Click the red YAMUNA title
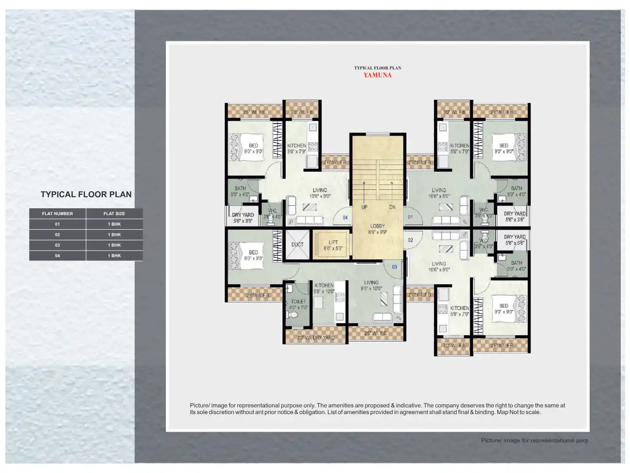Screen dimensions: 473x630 [x=377, y=75]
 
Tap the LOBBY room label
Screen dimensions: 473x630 [x=377, y=226]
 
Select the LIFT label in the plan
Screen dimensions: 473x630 [x=333, y=242]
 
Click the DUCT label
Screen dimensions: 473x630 [x=297, y=244]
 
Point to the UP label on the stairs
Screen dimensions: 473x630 [x=364, y=207]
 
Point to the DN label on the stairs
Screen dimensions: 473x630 [x=392, y=207]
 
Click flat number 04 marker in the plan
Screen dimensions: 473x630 [x=345, y=218]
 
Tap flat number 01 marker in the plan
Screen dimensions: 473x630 [x=410, y=217]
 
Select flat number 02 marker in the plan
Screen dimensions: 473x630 [x=410, y=240]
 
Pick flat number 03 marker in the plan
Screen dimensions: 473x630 [x=394, y=267]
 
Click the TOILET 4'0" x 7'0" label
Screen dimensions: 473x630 [x=298, y=304]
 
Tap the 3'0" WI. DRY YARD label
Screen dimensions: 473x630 [x=315, y=337]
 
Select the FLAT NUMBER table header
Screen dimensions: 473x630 [x=57, y=214]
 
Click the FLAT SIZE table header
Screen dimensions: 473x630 [x=114, y=214]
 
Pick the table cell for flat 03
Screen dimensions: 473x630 [x=57, y=245]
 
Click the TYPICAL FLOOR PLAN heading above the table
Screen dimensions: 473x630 [x=86, y=194]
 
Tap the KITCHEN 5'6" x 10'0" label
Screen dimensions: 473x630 [x=324, y=288]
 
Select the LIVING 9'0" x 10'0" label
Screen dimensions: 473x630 [x=371, y=285]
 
